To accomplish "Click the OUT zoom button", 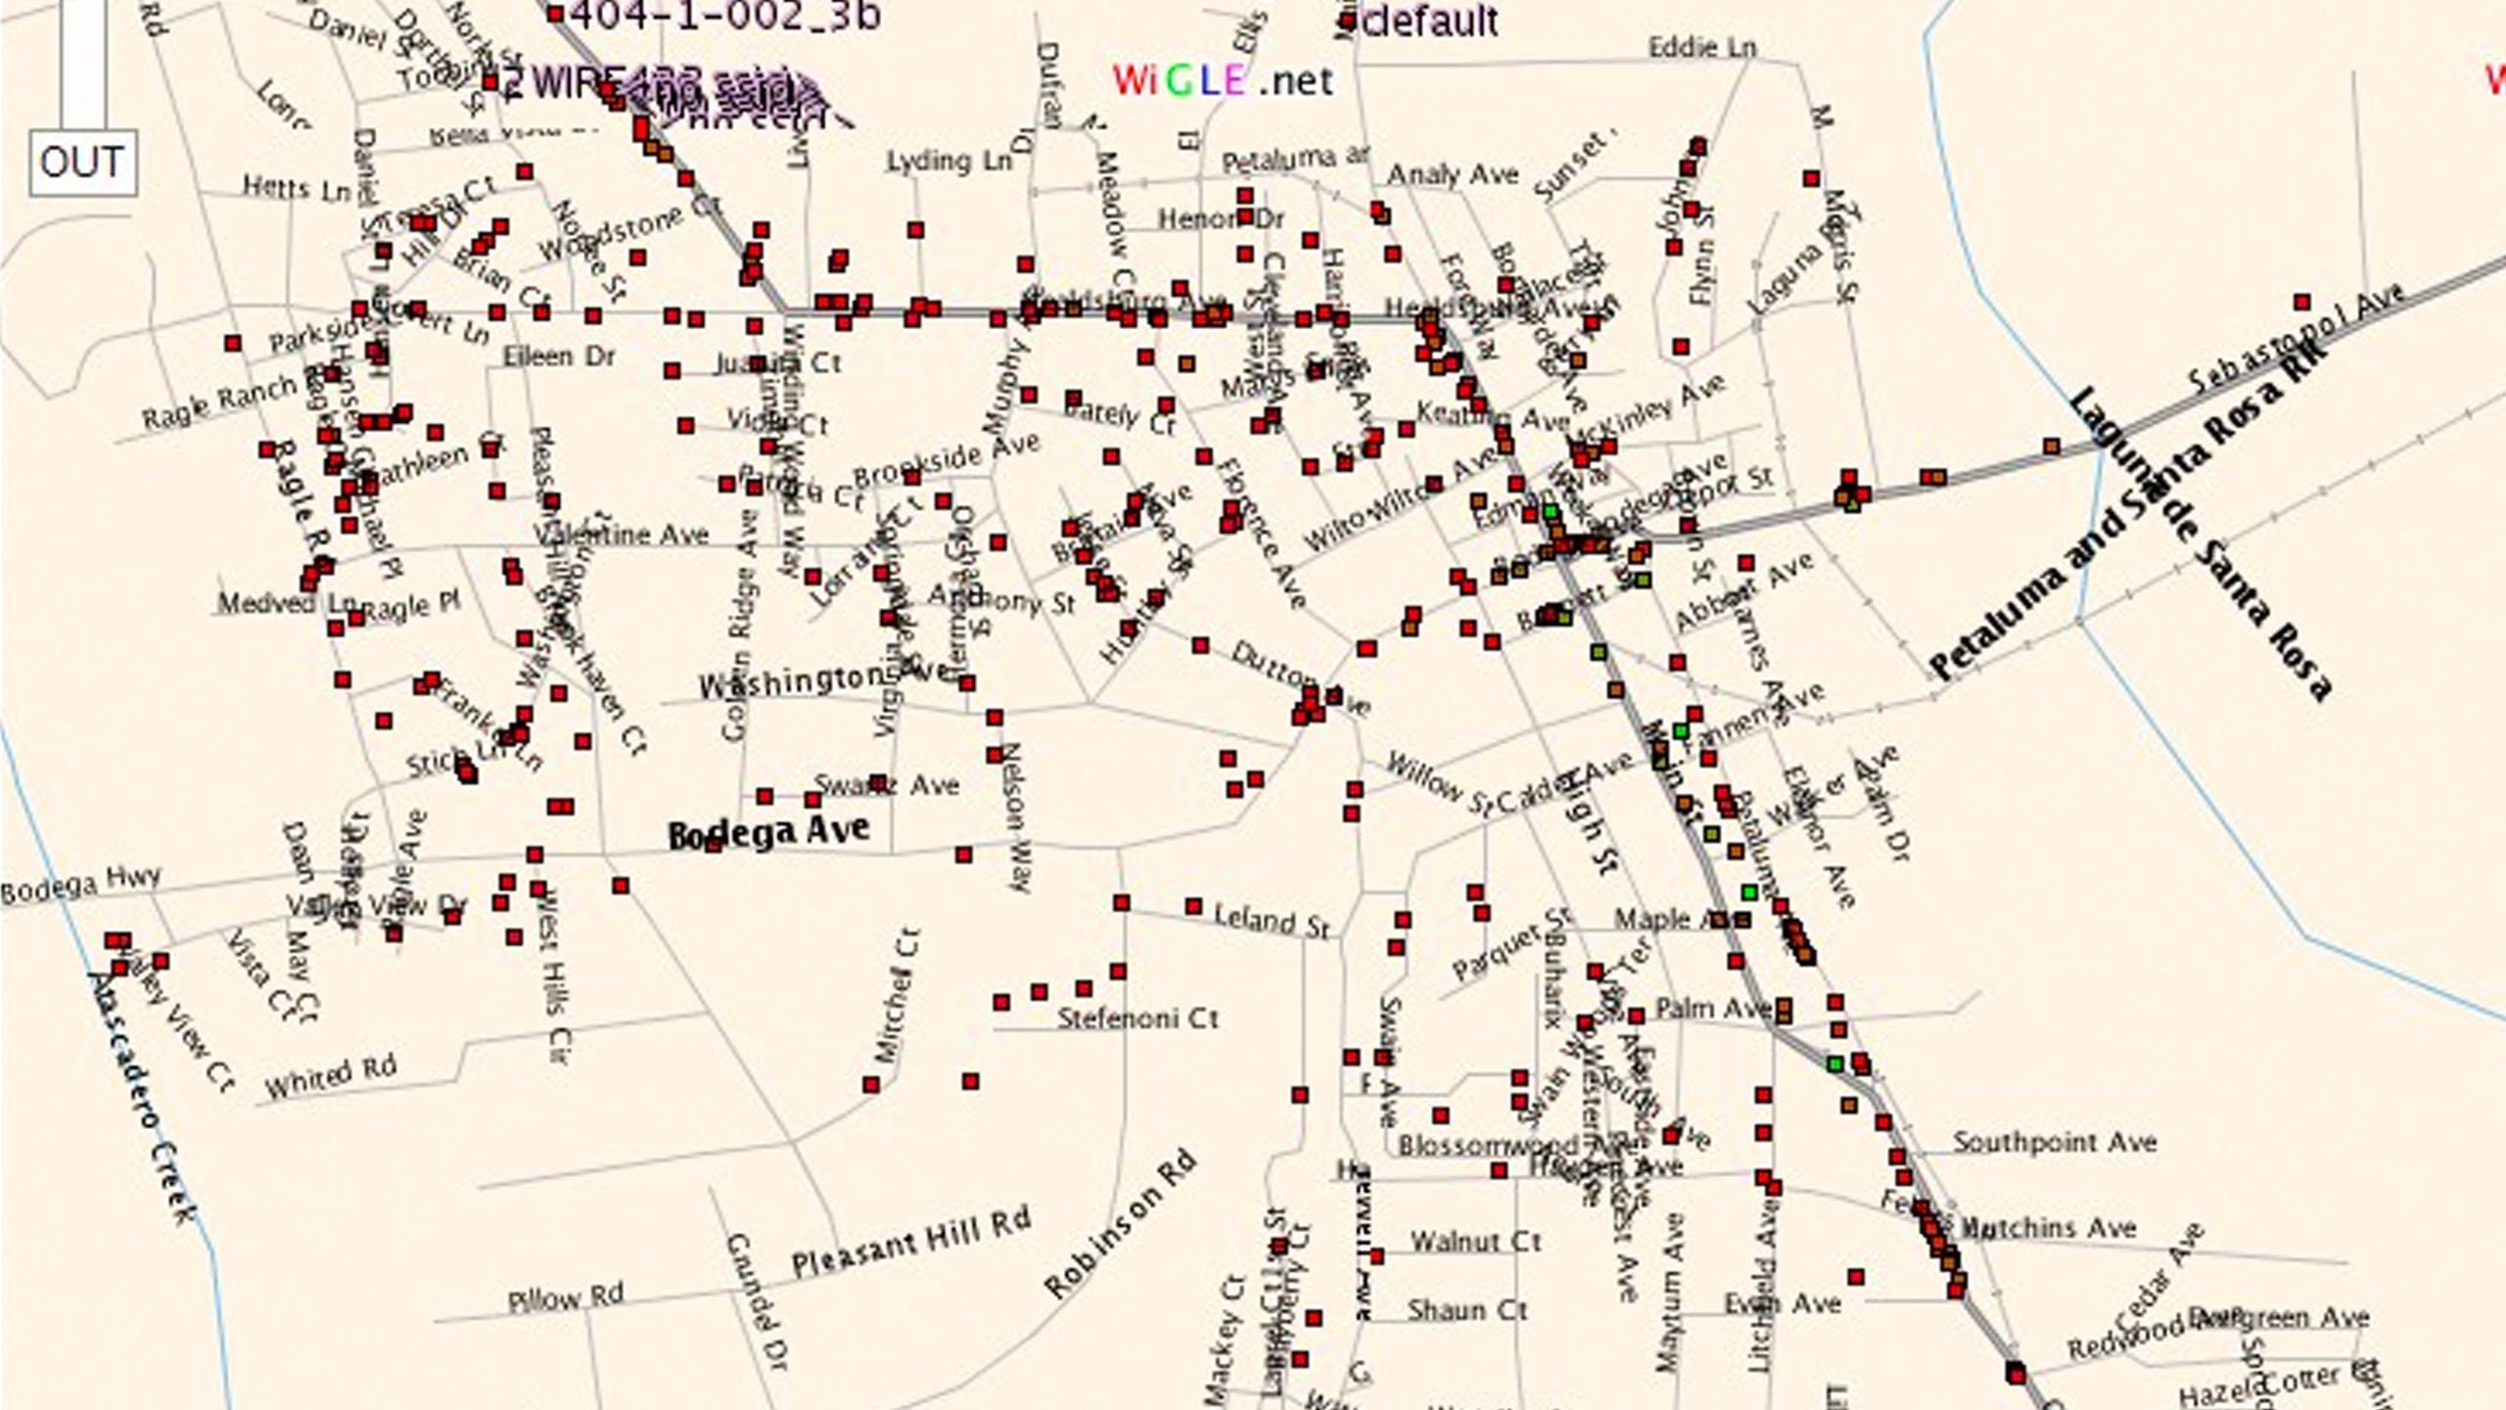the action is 82,163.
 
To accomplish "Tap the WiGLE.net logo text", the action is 1223,80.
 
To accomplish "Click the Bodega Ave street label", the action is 768,832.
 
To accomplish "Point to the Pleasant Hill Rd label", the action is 911,1244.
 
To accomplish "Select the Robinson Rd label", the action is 1120,1224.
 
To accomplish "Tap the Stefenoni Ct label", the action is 1137,1018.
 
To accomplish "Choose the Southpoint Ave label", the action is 2055,1142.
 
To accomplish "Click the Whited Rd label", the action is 331,1076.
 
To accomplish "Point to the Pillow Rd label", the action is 566,1298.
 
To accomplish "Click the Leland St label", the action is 1272,920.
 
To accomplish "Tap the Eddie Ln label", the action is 1702,47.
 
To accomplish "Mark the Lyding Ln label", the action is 949,161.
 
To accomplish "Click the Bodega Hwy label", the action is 80,884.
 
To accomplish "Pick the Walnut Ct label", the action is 1475,1242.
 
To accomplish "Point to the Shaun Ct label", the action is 1467,1309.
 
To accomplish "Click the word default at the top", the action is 1429,22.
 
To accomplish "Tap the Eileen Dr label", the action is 559,355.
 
